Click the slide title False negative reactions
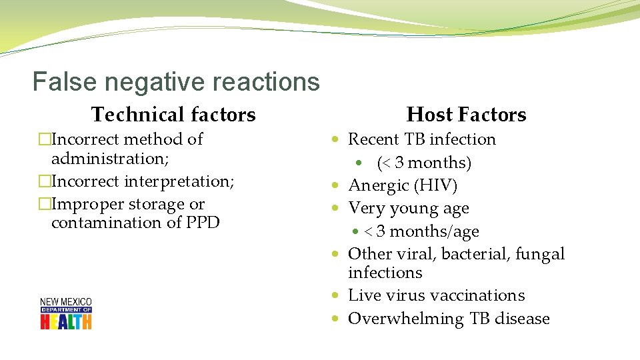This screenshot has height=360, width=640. click(176, 82)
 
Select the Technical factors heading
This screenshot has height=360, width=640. click(173, 115)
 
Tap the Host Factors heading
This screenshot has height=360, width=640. click(466, 115)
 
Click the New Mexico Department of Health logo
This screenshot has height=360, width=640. click(66, 313)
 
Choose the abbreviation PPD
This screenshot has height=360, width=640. click(203, 223)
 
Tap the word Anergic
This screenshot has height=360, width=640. click(378, 185)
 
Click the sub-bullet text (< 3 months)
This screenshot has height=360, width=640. click(424, 163)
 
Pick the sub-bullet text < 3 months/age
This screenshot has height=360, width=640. click(421, 231)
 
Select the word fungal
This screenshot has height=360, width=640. click(539, 254)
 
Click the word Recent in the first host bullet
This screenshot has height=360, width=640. click(373, 139)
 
